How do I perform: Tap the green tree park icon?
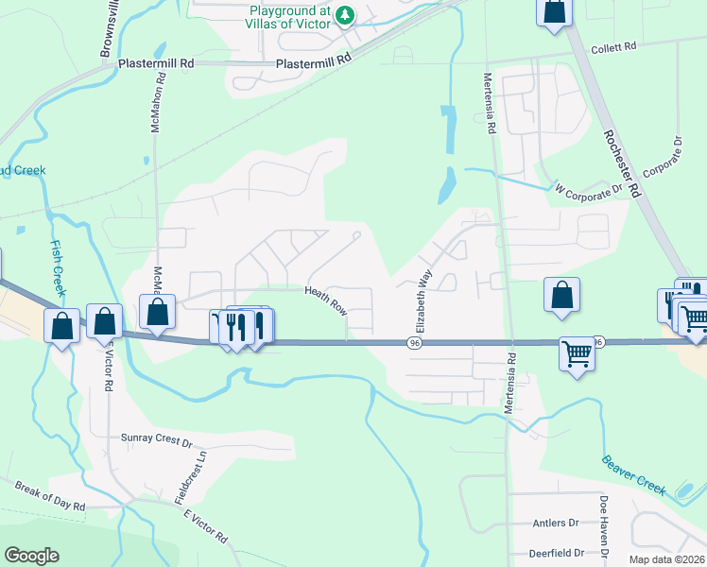point(347,14)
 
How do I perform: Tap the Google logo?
point(32,556)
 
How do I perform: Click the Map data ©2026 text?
point(666,559)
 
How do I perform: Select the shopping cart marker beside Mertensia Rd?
point(577,354)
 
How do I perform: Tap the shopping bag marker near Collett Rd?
point(555,11)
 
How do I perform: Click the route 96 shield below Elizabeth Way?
point(415,342)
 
